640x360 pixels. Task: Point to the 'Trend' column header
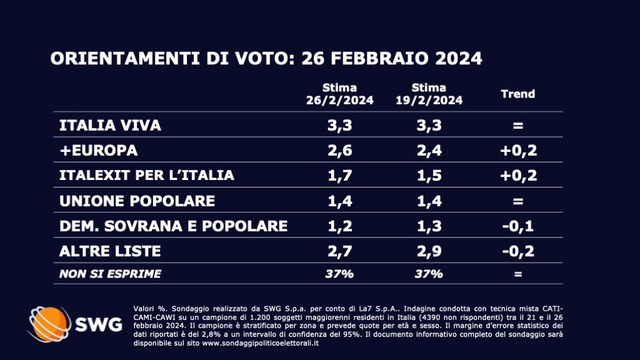[518, 94]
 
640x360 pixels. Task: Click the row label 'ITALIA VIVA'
[110, 125]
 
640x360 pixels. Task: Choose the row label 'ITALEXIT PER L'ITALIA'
[146, 176]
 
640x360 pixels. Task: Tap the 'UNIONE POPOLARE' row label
[136, 201]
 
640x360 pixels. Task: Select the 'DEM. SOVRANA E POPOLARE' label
[173, 226]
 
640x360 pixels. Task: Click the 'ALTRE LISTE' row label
[110, 251]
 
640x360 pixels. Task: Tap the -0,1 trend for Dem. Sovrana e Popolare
[518, 226]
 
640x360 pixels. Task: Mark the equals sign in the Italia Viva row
[518, 126]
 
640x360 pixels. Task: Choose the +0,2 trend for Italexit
[518, 176]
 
